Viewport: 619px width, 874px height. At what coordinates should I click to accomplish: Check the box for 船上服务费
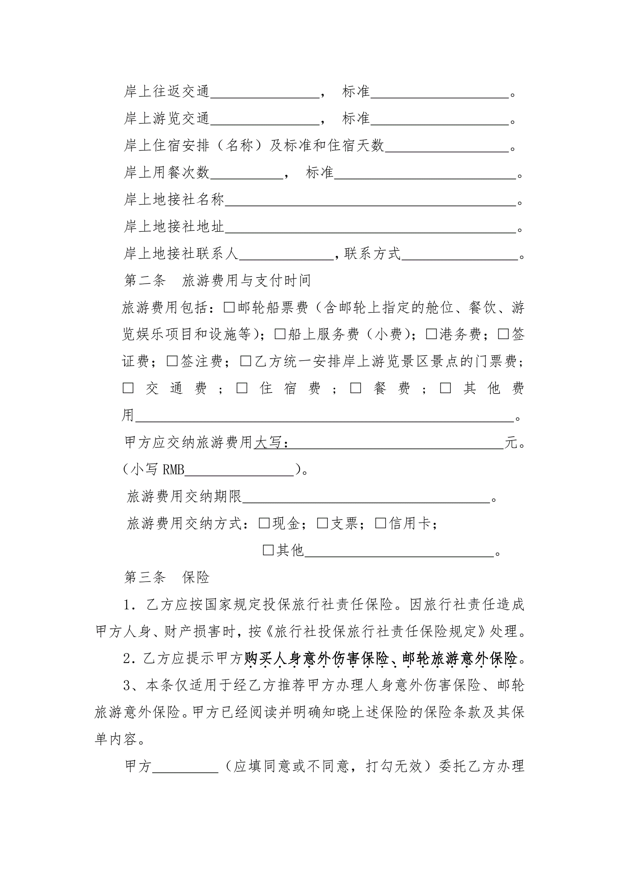280,334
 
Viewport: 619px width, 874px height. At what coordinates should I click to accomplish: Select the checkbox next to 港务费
431,334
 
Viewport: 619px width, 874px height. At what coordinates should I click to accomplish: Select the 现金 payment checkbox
264,523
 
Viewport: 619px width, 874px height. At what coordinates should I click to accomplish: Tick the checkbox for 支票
323,523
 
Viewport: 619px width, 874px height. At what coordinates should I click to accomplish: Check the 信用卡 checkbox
381,523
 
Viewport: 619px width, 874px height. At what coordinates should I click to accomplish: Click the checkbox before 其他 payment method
268,550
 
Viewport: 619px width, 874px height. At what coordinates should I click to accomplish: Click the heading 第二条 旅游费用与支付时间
217,281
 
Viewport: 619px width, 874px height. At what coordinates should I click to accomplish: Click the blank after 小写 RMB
239,470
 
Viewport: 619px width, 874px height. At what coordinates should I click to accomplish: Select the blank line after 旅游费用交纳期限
366,497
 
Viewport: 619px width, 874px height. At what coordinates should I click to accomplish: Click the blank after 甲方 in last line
185,766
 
